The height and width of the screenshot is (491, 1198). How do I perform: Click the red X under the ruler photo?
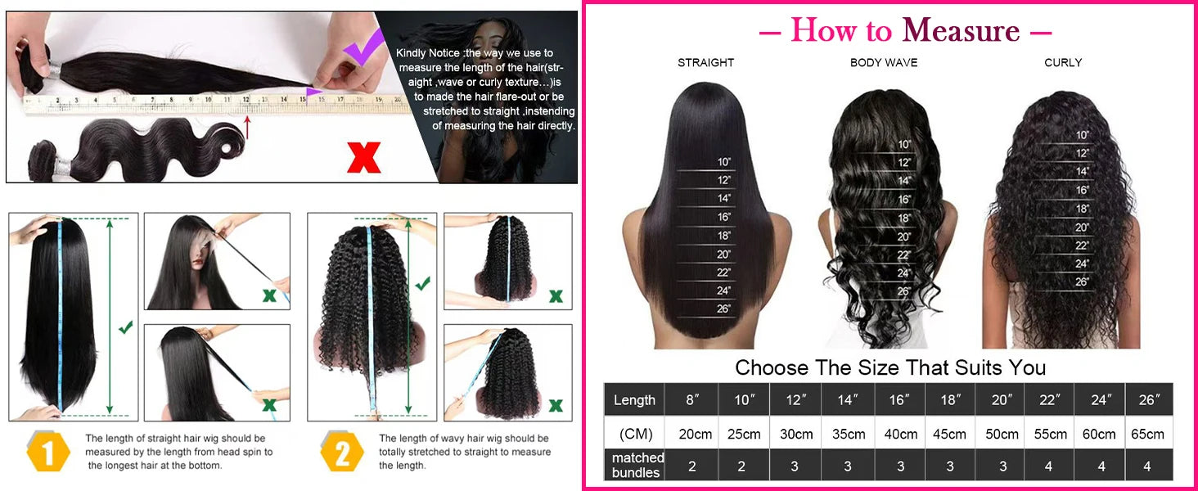coord(363,156)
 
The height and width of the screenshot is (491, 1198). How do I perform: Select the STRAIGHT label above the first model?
coord(705,62)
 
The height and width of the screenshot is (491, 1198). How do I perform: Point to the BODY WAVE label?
coord(884,62)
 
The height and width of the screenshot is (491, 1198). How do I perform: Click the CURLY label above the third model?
coord(1063,62)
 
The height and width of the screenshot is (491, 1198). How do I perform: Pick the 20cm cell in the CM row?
coord(692,434)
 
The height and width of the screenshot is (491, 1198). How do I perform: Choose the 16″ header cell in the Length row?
coord(899,399)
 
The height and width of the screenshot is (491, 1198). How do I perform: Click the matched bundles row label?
coord(637,465)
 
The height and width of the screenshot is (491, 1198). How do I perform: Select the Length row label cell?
coord(634,399)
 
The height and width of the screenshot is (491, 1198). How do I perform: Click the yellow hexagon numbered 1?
coord(49,451)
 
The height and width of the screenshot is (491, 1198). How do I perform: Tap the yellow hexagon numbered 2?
coord(341,451)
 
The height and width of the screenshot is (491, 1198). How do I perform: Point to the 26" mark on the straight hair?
coord(723,309)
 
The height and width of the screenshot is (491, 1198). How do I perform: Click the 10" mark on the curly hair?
coord(1083,135)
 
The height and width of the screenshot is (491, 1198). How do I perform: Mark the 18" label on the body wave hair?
coord(903,218)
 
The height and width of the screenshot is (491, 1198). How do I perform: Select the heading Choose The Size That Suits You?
coord(890,367)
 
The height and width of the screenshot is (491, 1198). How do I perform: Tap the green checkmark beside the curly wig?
coord(422,284)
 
